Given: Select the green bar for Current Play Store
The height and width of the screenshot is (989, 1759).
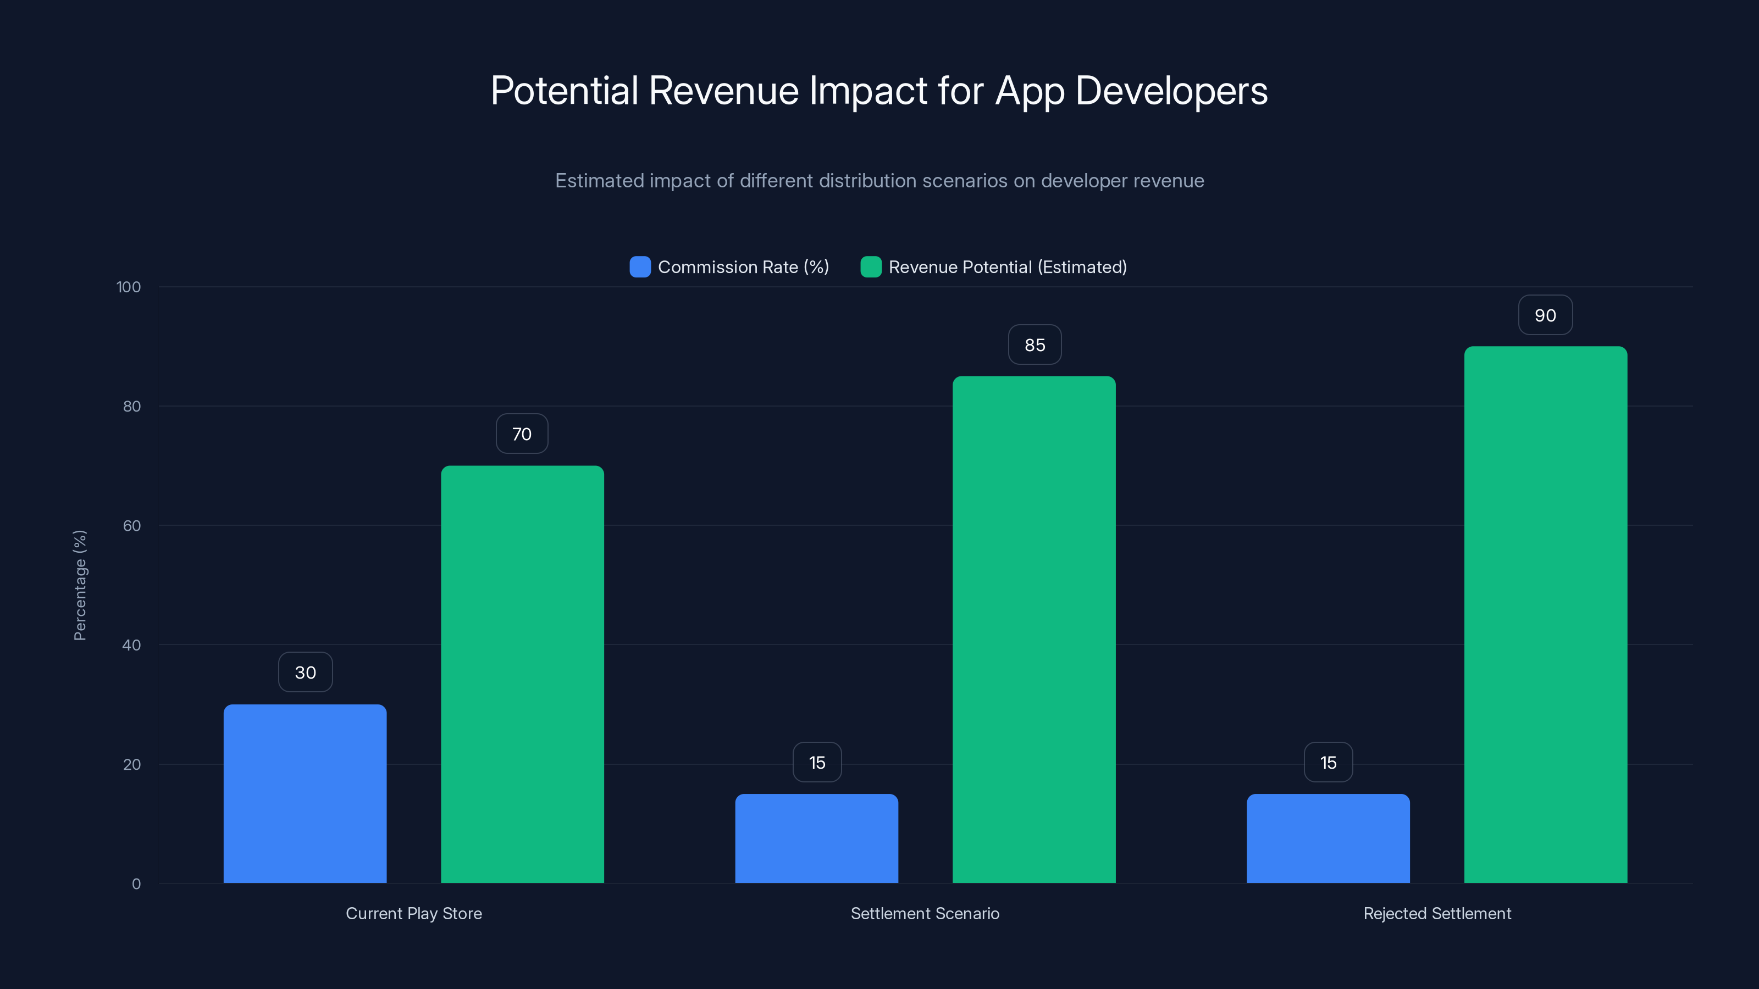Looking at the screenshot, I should (x=522, y=674).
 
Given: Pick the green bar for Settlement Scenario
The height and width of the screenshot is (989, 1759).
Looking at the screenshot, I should (x=1034, y=629).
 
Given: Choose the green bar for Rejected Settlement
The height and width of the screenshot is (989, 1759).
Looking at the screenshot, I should (x=1545, y=614).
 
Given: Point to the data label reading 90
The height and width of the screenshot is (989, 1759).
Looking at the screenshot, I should (x=1545, y=315).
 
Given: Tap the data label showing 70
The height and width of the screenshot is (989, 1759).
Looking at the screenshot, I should (x=522, y=434).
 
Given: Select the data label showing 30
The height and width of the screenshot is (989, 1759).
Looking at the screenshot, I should (x=305, y=673).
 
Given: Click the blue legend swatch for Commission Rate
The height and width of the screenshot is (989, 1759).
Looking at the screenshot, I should (x=640, y=267).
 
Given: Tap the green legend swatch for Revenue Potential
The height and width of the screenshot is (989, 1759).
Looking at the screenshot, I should (x=871, y=267).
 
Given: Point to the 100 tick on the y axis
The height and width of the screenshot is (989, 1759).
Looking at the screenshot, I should (x=129, y=287).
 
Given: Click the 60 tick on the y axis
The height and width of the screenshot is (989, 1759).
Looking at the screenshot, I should (x=132, y=526).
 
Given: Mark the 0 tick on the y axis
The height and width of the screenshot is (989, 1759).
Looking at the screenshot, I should (x=136, y=884).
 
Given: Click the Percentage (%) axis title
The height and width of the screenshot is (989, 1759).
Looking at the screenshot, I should (x=80, y=585).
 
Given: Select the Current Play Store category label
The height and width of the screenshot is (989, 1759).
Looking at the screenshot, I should (x=414, y=913).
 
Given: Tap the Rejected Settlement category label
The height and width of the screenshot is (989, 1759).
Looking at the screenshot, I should (x=1437, y=913).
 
